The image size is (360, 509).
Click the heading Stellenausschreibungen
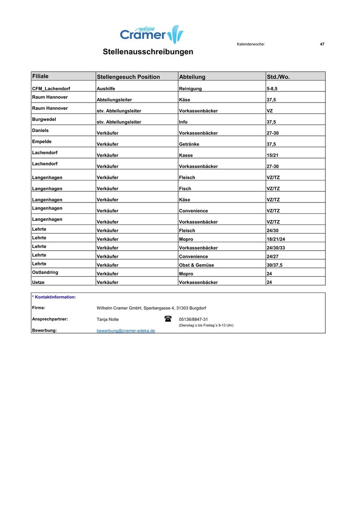pos(148,52)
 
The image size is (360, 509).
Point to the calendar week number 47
pos(322,44)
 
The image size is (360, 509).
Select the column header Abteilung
pos(192,77)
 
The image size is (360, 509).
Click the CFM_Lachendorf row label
pos(51,89)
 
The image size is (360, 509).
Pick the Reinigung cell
pos(190,89)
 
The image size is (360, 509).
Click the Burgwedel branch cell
pos(44,119)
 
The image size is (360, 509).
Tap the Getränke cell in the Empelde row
pos(189,144)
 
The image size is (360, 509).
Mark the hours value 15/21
pos(273,155)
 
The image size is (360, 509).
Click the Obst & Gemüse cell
pos(197,265)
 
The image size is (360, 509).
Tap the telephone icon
pos(168,319)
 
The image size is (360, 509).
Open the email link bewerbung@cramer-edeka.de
pos(126,330)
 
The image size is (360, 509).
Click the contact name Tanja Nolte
pos(108,319)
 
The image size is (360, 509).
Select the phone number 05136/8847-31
pos(193,319)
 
